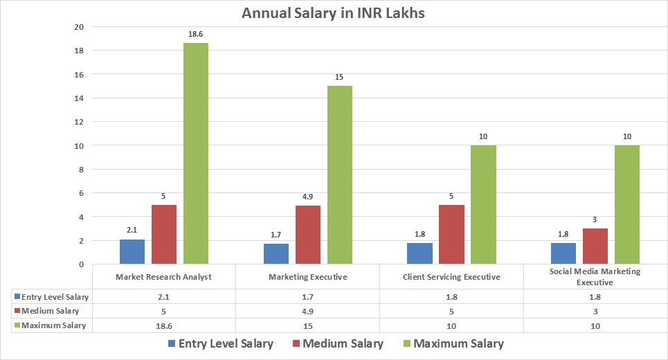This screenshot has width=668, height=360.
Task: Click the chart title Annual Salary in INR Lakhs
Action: click(x=334, y=12)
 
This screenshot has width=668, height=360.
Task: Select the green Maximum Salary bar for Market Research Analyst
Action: click(x=196, y=153)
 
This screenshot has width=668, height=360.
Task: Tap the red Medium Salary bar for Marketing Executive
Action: click(x=308, y=235)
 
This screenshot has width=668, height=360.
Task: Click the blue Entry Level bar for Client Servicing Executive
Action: click(x=419, y=253)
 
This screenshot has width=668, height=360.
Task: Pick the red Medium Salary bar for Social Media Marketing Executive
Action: click(x=595, y=246)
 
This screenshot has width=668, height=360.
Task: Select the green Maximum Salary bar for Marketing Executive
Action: click(x=340, y=174)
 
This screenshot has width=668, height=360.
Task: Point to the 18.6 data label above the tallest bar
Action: click(x=196, y=33)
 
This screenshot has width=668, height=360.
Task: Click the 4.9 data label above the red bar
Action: click(x=308, y=196)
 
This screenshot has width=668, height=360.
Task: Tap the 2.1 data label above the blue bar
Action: click(x=132, y=229)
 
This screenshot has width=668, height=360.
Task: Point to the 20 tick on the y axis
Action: click(x=78, y=27)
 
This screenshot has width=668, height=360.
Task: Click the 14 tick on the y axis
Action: click(x=78, y=98)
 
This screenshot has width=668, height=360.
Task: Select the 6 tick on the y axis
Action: click(x=80, y=193)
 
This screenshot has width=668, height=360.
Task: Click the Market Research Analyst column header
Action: click(x=164, y=276)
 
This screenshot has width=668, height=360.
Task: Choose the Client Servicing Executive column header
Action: click(x=451, y=276)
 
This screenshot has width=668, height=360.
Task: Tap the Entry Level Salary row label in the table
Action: click(x=52, y=296)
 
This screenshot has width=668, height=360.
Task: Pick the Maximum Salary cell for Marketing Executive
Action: click(x=307, y=325)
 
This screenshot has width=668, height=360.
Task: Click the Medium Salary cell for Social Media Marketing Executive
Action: click(x=595, y=311)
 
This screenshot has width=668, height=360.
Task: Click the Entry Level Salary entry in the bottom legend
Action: click(x=219, y=343)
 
